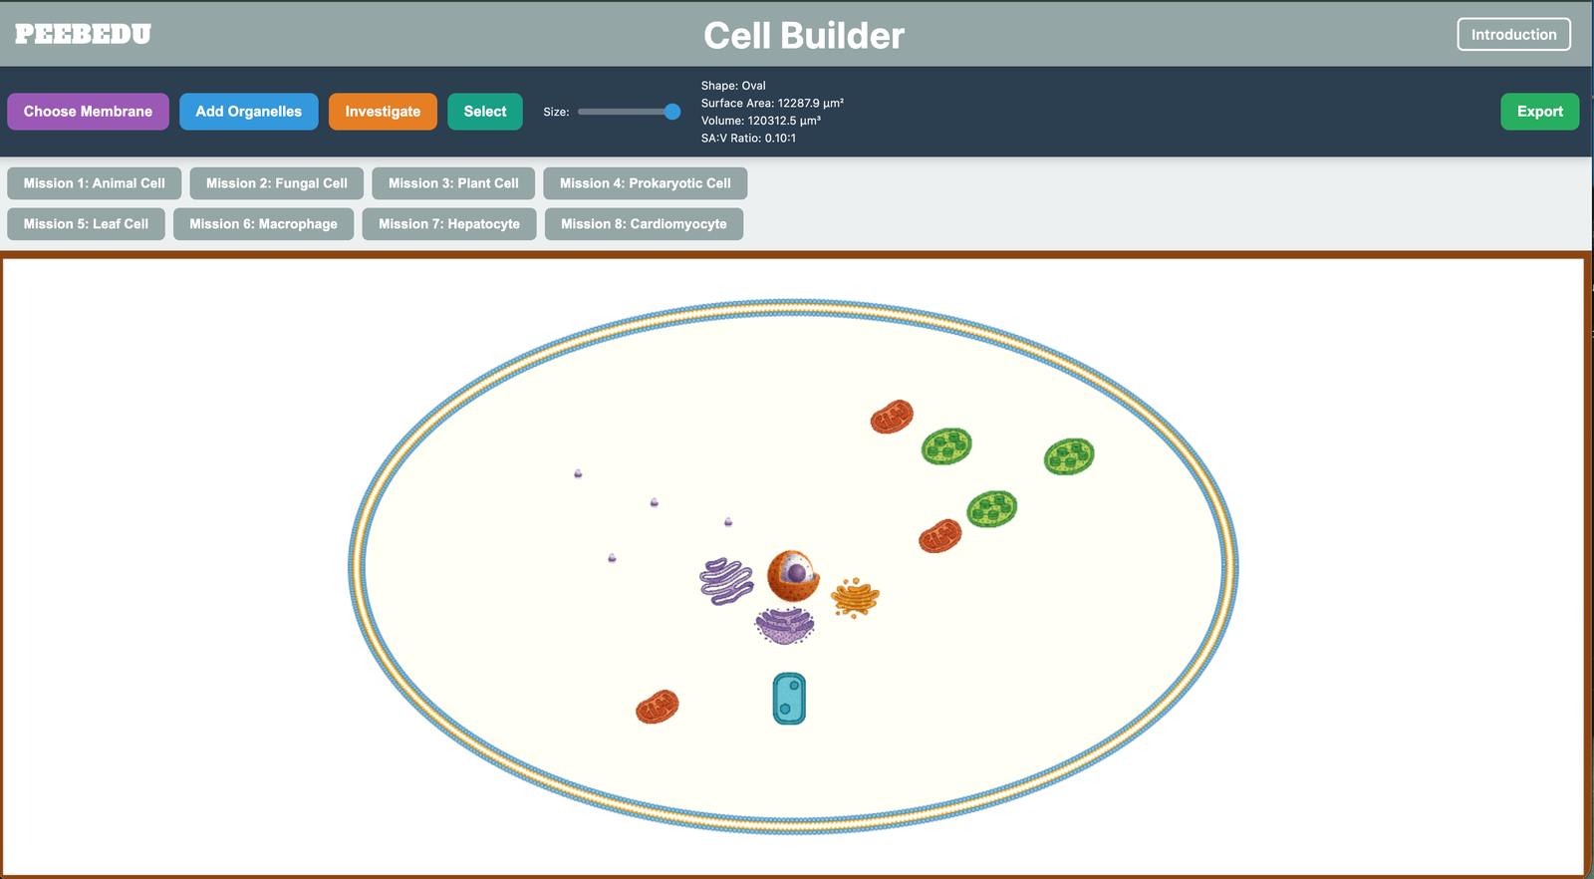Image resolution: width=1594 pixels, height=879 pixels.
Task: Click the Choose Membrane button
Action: coord(88,112)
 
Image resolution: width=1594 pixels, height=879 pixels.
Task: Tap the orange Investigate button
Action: coord(383,112)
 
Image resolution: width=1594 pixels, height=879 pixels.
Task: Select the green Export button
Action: coord(1539,112)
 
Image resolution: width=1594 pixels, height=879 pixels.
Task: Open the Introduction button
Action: coord(1513,34)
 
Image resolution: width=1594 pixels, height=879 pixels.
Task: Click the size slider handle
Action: coord(672,112)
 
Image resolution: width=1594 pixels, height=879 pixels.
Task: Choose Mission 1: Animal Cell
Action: coord(94,183)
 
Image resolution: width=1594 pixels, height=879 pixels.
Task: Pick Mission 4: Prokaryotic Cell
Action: coord(645,183)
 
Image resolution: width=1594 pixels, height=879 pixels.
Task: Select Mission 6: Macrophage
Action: coord(263,224)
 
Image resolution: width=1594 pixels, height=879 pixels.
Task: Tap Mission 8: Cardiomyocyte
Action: coord(644,224)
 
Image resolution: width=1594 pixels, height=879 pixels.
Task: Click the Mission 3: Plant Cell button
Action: coord(453,183)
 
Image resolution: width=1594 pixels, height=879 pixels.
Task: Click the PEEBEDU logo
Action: coord(83,34)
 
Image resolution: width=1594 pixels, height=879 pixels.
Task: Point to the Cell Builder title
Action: coord(803,36)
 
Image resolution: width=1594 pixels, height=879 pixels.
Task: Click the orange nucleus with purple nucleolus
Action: coord(793,575)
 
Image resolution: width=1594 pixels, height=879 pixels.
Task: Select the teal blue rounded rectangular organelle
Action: coord(789,698)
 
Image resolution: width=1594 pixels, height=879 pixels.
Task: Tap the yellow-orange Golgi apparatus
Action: coord(855,597)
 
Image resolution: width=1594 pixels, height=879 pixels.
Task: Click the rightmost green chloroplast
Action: coord(1069,456)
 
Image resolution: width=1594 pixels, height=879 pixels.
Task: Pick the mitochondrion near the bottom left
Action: coord(658,707)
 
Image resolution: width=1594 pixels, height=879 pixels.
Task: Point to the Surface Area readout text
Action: coord(772,103)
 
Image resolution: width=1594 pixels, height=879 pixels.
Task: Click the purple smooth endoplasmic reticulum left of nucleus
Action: coord(726,581)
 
